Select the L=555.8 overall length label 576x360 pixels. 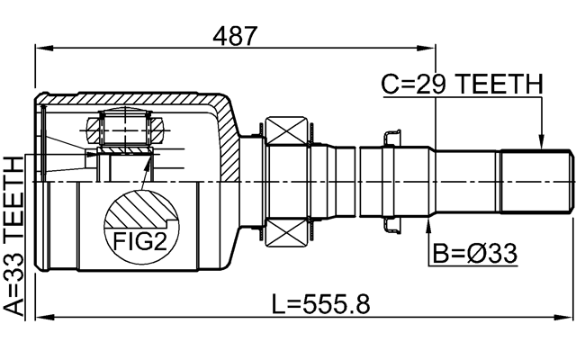click(320, 303)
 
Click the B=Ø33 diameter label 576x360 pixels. click(473, 255)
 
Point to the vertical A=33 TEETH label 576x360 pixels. click(15, 235)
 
